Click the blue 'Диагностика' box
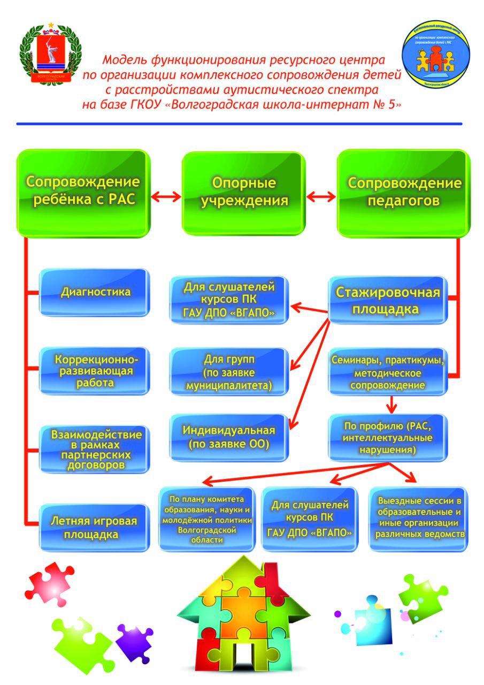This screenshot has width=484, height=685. [x=95, y=292]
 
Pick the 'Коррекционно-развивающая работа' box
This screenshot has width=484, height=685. [x=95, y=370]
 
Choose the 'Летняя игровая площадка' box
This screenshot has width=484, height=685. [x=94, y=527]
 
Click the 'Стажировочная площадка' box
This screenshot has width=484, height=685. [x=388, y=300]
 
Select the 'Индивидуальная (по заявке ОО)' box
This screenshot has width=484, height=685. [x=229, y=437]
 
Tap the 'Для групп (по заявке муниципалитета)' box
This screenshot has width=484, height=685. [x=229, y=372]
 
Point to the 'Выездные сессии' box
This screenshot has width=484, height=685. [x=419, y=518]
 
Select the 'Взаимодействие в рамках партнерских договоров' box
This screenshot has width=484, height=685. [x=94, y=449]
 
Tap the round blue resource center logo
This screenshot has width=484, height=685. [x=436, y=54]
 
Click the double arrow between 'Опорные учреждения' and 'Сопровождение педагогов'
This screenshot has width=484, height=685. [x=321, y=197]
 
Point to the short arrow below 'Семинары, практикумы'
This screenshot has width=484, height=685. [x=393, y=402]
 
